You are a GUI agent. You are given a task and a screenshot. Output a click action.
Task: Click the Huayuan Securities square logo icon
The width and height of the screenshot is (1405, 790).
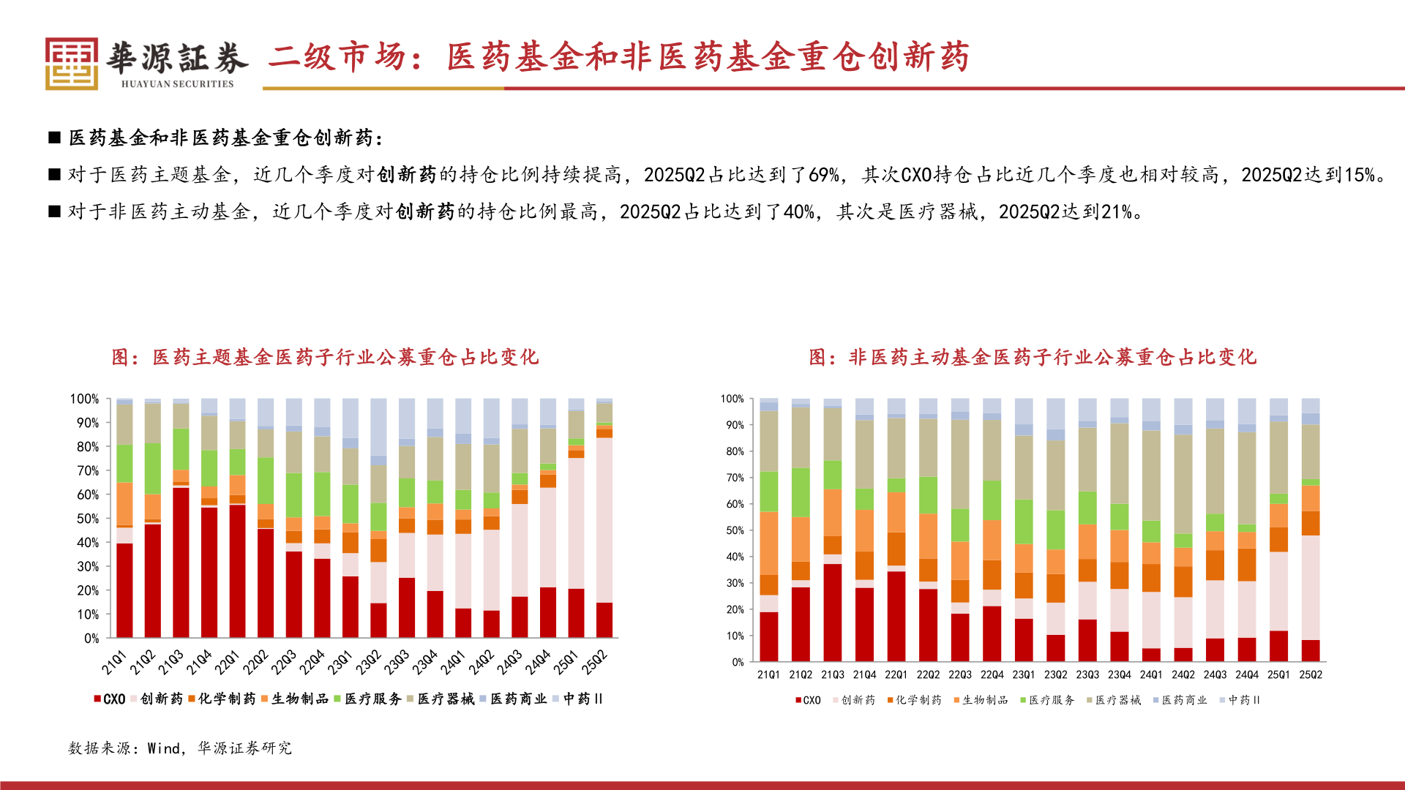(x=71, y=64)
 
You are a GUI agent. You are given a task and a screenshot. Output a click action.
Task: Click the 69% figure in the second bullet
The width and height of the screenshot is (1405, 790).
(x=823, y=175)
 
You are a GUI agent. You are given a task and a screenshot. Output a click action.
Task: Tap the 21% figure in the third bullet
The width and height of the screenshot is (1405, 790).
(x=1117, y=212)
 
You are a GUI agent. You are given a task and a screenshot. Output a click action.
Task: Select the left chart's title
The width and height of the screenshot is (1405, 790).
(x=325, y=357)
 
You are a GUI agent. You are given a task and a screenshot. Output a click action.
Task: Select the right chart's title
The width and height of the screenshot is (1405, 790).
(x=1032, y=357)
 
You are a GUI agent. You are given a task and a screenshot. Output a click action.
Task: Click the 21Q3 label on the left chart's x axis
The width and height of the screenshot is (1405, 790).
(x=171, y=662)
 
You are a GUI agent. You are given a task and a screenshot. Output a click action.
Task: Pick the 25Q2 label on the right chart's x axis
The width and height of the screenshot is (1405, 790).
(x=1310, y=674)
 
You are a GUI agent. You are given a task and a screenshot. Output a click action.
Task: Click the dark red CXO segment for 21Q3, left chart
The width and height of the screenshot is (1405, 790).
(x=181, y=562)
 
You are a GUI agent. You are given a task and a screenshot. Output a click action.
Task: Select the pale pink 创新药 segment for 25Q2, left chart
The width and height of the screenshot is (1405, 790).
(x=604, y=519)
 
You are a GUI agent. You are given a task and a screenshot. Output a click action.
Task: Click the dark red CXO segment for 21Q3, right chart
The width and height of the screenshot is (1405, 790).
(x=832, y=612)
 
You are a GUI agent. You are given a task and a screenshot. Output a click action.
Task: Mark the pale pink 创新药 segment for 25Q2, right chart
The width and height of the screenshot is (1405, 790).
(x=1311, y=587)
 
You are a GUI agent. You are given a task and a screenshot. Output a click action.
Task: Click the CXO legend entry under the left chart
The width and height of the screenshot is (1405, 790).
(x=110, y=699)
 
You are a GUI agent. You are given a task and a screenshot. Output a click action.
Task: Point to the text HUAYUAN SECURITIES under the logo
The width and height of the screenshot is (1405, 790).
(x=177, y=84)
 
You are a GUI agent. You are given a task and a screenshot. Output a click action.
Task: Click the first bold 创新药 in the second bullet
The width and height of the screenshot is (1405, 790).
(x=407, y=175)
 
